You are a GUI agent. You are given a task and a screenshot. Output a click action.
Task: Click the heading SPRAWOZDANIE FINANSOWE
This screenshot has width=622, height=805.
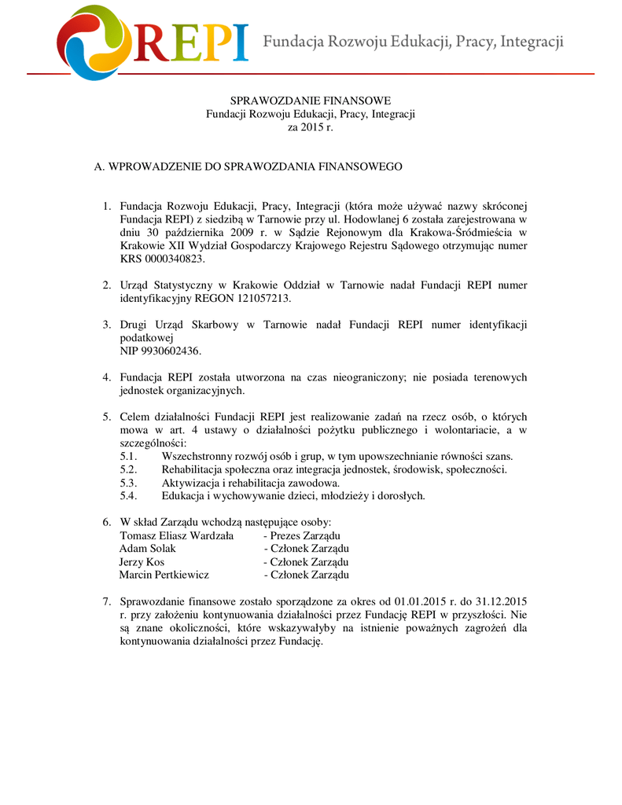click(x=310, y=101)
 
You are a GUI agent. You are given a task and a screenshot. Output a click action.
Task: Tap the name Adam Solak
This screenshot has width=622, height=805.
click(x=148, y=548)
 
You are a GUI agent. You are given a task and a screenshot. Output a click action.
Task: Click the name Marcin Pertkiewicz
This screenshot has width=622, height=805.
click(x=164, y=575)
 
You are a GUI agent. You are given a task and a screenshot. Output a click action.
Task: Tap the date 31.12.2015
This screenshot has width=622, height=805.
click(x=500, y=601)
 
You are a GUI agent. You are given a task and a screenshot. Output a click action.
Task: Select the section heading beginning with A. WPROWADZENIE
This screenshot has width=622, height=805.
click(x=248, y=167)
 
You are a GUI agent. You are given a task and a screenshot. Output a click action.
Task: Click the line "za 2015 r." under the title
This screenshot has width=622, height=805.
click(x=311, y=127)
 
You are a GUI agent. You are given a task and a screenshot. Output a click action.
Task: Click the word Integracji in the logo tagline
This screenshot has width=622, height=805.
click(x=531, y=41)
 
